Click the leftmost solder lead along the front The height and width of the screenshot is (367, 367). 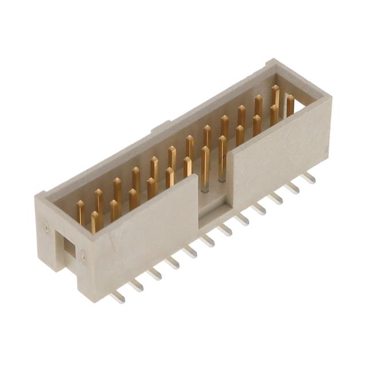click(117, 296)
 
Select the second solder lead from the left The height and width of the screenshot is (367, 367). click(135, 284)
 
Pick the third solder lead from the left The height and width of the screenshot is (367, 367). click(154, 274)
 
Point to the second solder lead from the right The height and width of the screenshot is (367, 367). click(292, 187)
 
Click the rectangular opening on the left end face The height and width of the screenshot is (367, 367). click(68, 247)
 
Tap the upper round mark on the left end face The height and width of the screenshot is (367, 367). click(46, 229)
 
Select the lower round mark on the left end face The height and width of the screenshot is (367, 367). click(84, 258)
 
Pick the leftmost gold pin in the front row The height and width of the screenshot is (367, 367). click(95, 221)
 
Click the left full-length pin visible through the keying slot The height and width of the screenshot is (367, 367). click(205, 166)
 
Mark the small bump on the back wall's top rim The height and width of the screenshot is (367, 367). click(161, 126)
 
